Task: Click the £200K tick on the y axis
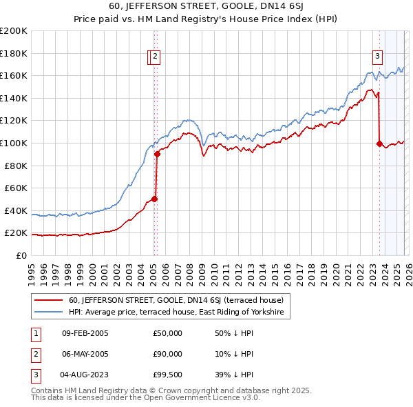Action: pyautogui.click(x=14, y=31)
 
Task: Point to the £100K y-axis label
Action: pyautogui.click(x=14, y=143)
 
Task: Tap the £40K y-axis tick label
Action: pyautogui.click(x=16, y=210)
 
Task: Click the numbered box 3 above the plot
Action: pyautogui.click(x=378, y=57)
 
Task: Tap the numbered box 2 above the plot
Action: pyautogui.click(x=156, y=57)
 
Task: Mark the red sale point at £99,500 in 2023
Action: pyautogui.click(x=379, y=143)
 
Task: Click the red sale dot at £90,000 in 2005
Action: pyautogui.click(x=157, y=155)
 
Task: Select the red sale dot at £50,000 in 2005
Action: pyautogui.click(x=154, y=199)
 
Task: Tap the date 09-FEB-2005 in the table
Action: pyautogui.click(x=85, y=333)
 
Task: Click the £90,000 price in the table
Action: pyautogui.click(x=167, y=354)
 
